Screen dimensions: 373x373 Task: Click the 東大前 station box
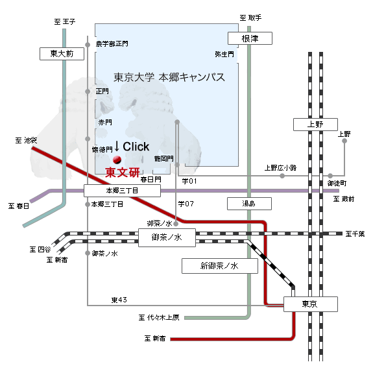pyautogui.click(x=62, y=54)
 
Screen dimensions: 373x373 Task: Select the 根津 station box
pyautogui.click(x=250, y=38)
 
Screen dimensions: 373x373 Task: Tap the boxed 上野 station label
pyautogui.click(x=315, y=125)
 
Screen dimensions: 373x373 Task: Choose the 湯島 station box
pyautogui.click(x=249, y=204)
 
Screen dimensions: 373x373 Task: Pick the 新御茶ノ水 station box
pyautogui.click(x=220, y=266)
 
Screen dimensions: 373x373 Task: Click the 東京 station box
pyautogui.click(x=311, y=304)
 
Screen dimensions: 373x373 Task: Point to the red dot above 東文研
pyautogui.click(x=117, y=160)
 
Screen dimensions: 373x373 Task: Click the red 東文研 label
pyautogui.click(x=122, y=172)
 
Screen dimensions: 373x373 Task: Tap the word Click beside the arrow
pyautogui.click(x=136, y=147)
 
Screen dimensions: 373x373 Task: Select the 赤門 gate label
pyautogui.click(x=105, y=122)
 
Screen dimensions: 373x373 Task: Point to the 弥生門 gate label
pyautogui.click(x=224, y=54)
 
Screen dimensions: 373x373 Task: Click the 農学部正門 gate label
pyautogui.click(x=112, y=43)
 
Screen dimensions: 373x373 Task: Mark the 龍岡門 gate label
pyautogui.click(x=164, y=158)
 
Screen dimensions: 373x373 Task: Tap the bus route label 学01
pyautogui.click(x=189, y=181)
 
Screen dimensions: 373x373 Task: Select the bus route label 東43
pyautogui.click(x=119, y=300)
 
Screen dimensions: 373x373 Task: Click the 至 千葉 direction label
pyautogui.click(x=355, y=234)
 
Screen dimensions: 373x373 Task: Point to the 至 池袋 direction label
pyautogui.click(x=26, y=140)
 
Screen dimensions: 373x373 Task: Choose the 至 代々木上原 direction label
pyautogui.click(x=159, y=318)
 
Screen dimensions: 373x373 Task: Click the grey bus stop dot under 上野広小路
pyautogui.click(x=282, y=176)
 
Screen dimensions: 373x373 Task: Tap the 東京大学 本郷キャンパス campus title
pyautogui.click(x=169, y=77)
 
